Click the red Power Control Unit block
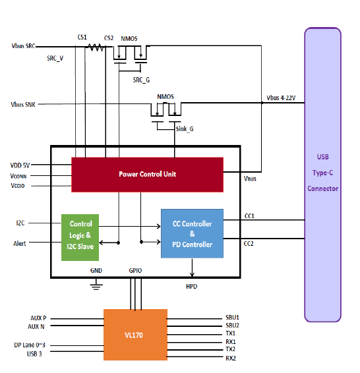pyautogui.click(x=147, y=175)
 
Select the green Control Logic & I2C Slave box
pyautogui.click(x=80, y=237)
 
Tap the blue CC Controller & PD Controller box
pyautogui.click(x=192, y=233)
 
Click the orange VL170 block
pyautogui.click(x=135, y=335)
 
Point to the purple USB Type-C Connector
pyautogui.click(x=322, y=175)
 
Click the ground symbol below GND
pyautogui.click(x=96, y=286)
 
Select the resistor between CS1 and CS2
pyautogui.click(x=95, y=47)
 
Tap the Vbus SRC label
pyautogui.click(x=23, y=46)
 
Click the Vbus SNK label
pyautogui.click(x=23, y=104)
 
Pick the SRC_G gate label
pyautogui.click(x=141, y=80)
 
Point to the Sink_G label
pyautogui.click(x=185, y=129)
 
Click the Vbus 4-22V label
pyautogui.click(x=281, y=98)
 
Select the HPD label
pyautogui.click(x=192, y=287)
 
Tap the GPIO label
pyautogui.click(x=135, y=271)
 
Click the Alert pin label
pyautogui.click(x=20, y=244)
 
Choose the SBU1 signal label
pyautogui.click(x=232, y=318)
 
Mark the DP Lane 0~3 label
pyautogui.click(x=30, y=345)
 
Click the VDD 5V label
pyautogui.click(x=20, y=165)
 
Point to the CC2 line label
pyautogui.click(x=249, y=244)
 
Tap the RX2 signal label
pyautogui.click(x=231, y=359)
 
